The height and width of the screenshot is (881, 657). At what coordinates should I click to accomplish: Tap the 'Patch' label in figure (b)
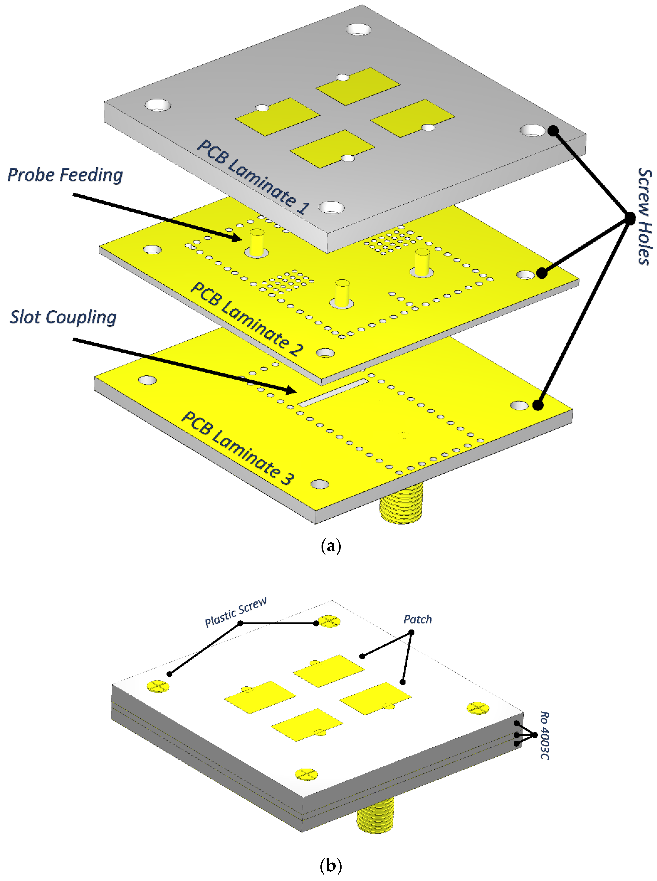click(x=418, y=619)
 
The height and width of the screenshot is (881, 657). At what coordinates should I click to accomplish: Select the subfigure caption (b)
click(x=330, y=866)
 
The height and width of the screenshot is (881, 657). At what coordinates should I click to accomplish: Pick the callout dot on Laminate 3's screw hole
click(x=538, y=405)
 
